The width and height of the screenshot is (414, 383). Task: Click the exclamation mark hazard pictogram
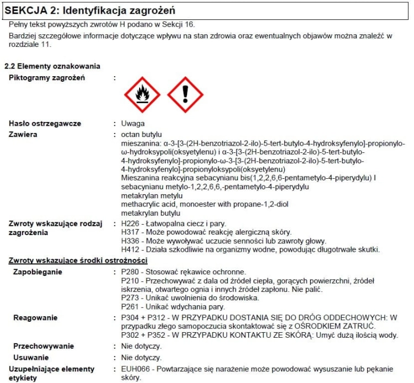pyautogui.click(x=185, y=94)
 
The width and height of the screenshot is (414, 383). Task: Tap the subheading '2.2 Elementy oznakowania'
pyautogui.click(x=52, y=66)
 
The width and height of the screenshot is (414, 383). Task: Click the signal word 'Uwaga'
pyautogui.click(x=133, y=123)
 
